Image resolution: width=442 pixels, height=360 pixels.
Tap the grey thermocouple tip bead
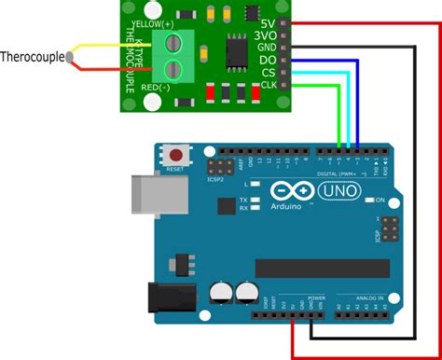click(x=70, y=58)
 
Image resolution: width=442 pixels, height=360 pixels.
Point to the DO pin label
click(x=268, y=59)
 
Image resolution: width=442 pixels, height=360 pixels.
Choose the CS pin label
click(x=269, y=72)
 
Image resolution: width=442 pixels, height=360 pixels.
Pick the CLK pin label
click(x=267, y=85)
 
